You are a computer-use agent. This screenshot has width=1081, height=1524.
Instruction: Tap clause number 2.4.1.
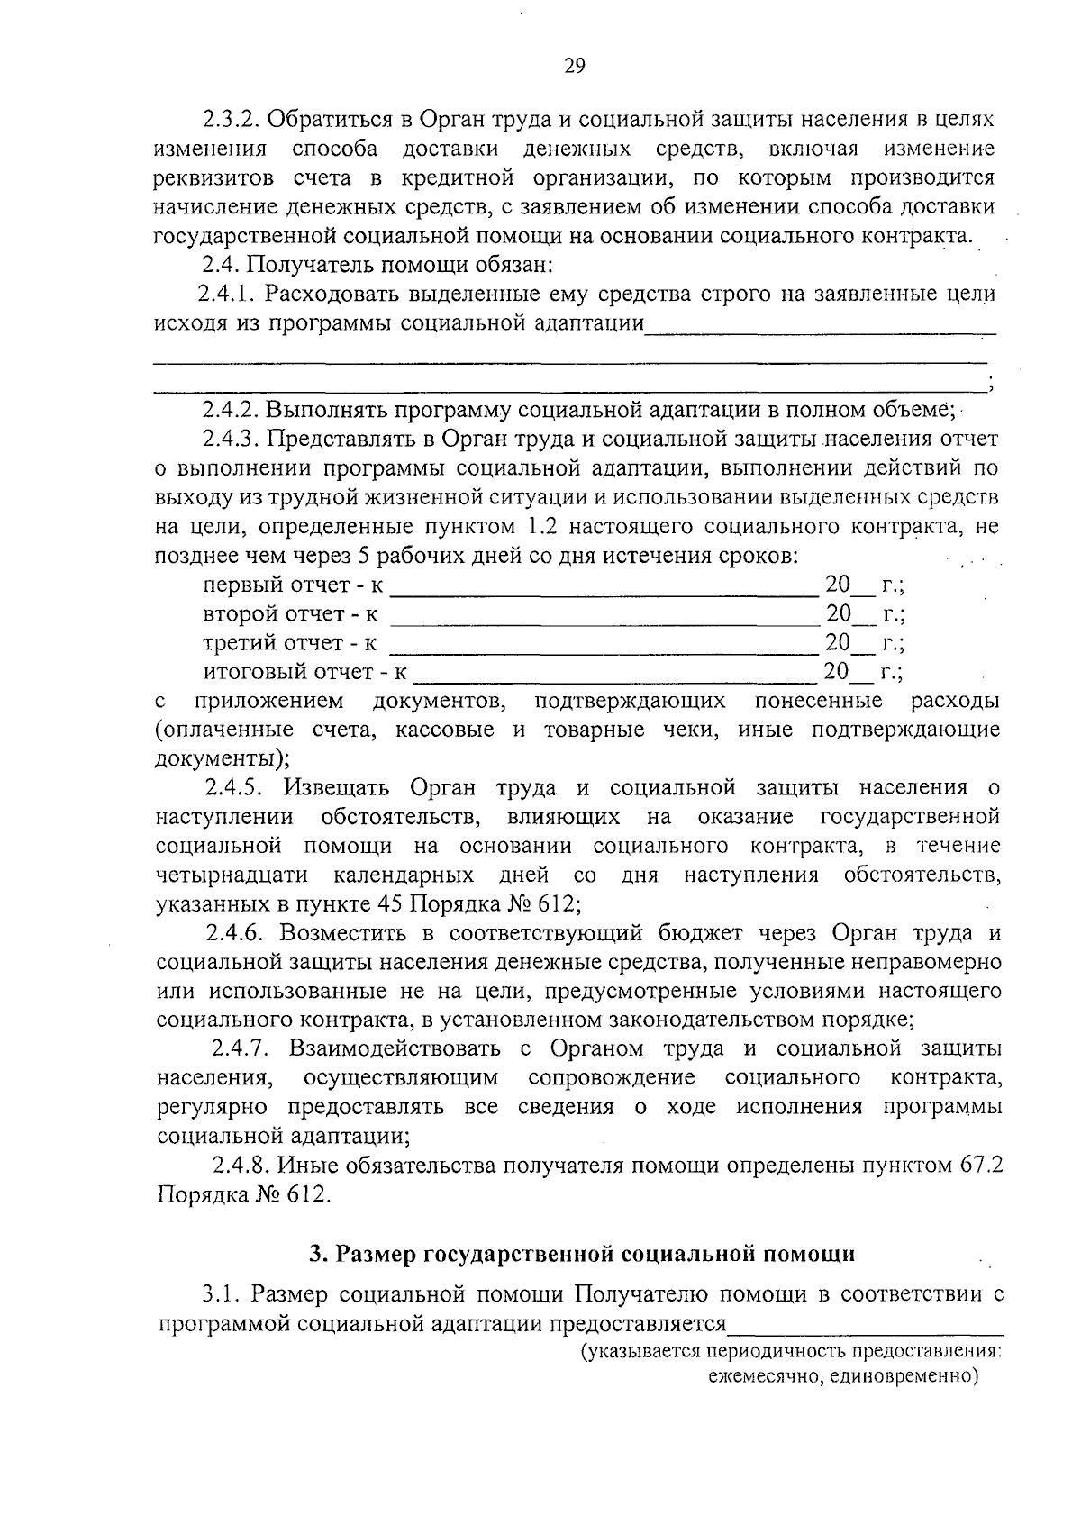point(227,294)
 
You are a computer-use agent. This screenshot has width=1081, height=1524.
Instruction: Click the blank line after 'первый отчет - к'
point(603,594)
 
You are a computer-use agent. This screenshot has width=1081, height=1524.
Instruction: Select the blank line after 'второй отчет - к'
point(603,623)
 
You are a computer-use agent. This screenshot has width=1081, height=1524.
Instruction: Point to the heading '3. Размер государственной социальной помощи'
point(581,1253)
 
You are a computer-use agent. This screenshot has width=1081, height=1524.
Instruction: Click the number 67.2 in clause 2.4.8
point(979,1166)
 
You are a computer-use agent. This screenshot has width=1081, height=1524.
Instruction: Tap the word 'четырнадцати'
point(232,875)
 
